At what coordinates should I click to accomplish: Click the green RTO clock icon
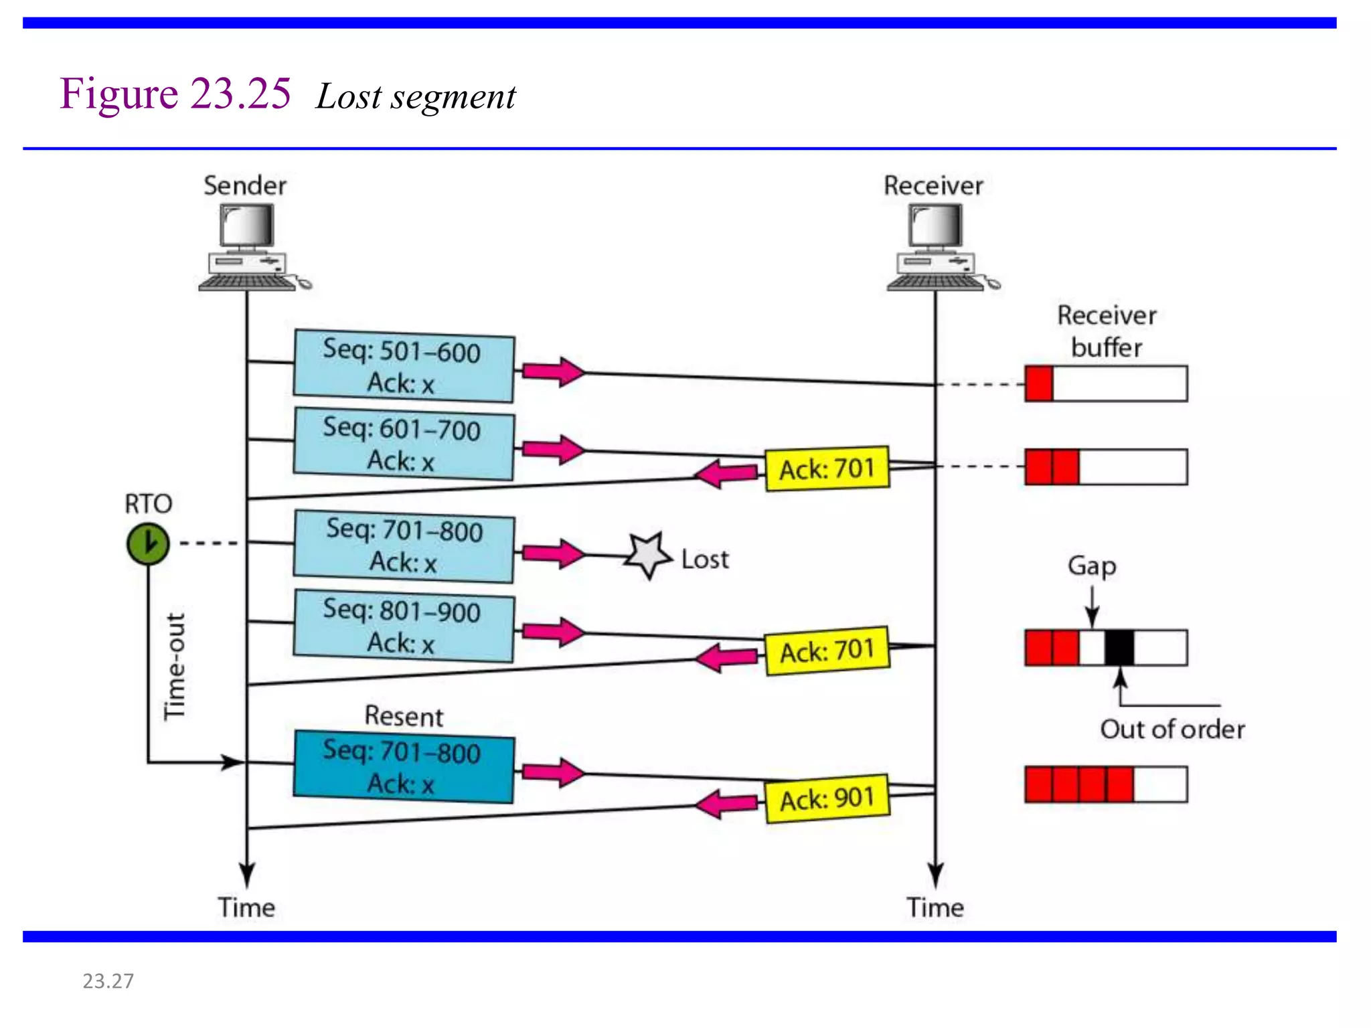coord(148,543)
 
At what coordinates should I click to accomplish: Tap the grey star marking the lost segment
coord(647,555)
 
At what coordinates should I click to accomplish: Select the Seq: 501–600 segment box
coord(404,366)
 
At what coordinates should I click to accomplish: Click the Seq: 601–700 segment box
coord(404,444)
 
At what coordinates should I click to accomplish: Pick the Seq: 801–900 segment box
coord(404,626)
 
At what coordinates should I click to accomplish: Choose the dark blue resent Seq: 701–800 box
coord(404,766)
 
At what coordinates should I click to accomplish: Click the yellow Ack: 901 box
coord(827,798)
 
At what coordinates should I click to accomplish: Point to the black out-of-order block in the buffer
coord(1119,647)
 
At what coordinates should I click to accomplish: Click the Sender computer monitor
coord(247,226)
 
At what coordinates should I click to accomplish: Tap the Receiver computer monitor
coord(935,226)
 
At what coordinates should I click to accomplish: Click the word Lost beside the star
coord(705,559)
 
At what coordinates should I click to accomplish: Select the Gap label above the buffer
coord(1092,566)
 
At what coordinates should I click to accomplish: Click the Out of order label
coord(1172,729)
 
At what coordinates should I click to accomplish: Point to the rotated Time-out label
coord(175,666)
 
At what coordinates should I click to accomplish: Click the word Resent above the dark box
coord(404,716)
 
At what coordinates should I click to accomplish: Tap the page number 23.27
coord(108,980)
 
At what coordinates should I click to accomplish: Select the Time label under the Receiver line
coord(935,908)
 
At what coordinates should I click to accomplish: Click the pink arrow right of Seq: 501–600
coord(553,371)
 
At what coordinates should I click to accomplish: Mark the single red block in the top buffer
coord(1039,383)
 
